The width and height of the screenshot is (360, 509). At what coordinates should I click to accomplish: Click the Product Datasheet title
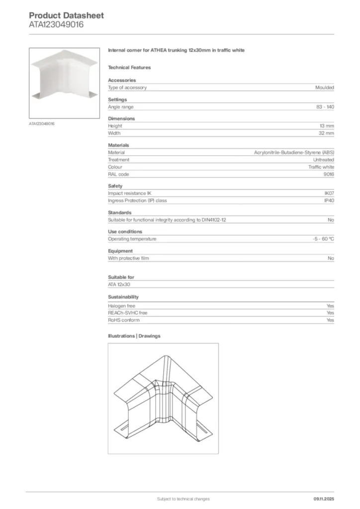coord(66,15)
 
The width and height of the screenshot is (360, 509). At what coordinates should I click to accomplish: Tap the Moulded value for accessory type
coord(324,87)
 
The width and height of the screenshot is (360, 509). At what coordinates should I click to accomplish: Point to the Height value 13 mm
coord(327,126)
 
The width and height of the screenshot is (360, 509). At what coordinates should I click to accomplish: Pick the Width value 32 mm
coord(327,133)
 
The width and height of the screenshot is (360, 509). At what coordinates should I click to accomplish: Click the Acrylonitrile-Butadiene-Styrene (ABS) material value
coord(294,153)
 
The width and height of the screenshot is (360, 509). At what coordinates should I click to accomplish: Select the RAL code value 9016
coord(329,174)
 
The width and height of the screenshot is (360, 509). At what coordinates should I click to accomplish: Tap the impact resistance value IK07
coord(329,193)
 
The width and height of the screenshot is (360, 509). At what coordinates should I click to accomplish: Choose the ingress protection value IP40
coord(329,201)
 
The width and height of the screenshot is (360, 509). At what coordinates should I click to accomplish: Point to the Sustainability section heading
coord(123,297)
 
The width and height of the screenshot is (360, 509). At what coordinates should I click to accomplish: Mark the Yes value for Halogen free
coord(330,306)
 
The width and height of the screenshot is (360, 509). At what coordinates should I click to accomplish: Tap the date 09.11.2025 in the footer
coord(324,499)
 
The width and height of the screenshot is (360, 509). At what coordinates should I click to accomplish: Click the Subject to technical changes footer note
coord(183,499)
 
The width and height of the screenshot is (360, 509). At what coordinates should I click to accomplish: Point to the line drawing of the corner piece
coord(163,398)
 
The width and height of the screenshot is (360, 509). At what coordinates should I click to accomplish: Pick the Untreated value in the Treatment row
coord(323,160)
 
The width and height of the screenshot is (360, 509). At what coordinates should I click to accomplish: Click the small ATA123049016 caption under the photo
coord(42,123)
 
